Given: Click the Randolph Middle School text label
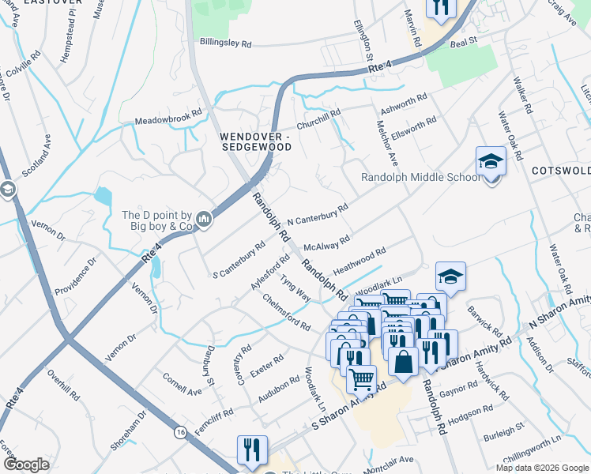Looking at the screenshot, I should (420, 177).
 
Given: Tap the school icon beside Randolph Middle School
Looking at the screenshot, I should (491, 164).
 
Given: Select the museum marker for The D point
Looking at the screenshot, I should (204, 218).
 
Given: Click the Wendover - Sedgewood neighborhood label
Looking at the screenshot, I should (255, 141).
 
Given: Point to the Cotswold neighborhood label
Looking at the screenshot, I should (561, 171).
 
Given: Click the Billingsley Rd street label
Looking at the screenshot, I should (225, 43).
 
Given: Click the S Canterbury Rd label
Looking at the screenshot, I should (239, 260).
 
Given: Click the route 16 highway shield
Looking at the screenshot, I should (181, 433).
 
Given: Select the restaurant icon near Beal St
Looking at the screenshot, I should (441, 7).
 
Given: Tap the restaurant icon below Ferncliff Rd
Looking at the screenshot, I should (252, 450).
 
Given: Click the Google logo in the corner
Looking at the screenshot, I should (26, 464).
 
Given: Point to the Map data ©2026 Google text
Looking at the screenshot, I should (541, 468).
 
